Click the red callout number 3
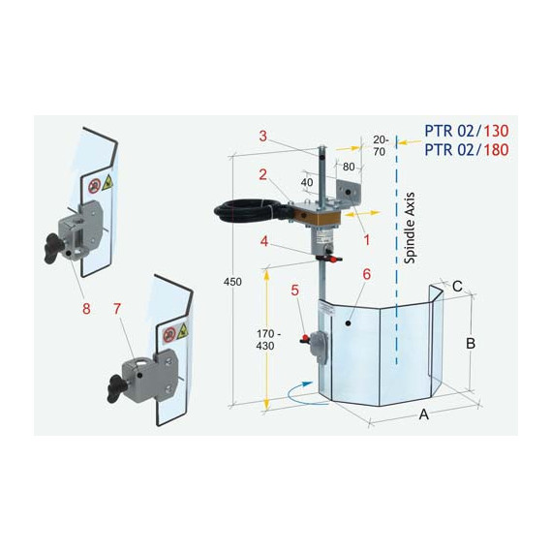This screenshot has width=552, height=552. [263, 137]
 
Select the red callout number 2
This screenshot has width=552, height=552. [263, 175]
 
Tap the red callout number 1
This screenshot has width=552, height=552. [366, 240]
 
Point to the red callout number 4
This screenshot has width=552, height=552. [264, 241]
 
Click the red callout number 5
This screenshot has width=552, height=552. [295, 291]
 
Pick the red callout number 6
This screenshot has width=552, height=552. [366, 274]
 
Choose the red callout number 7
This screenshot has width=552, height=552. [117, 309]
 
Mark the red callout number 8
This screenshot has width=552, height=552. [86, 309]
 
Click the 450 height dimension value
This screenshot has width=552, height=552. [232, 282]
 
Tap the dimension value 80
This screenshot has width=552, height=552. [349, 167]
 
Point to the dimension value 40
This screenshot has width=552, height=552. [307, 182]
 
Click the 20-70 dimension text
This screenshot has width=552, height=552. [381, 145]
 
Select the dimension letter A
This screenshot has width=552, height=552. [424, 414]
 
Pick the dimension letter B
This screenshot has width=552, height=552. [471, 343]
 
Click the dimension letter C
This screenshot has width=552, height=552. [457, 287]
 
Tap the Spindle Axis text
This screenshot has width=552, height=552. [410, 229]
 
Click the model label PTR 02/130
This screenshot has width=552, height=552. [467, 131]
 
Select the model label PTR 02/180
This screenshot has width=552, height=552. [467, 150]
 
